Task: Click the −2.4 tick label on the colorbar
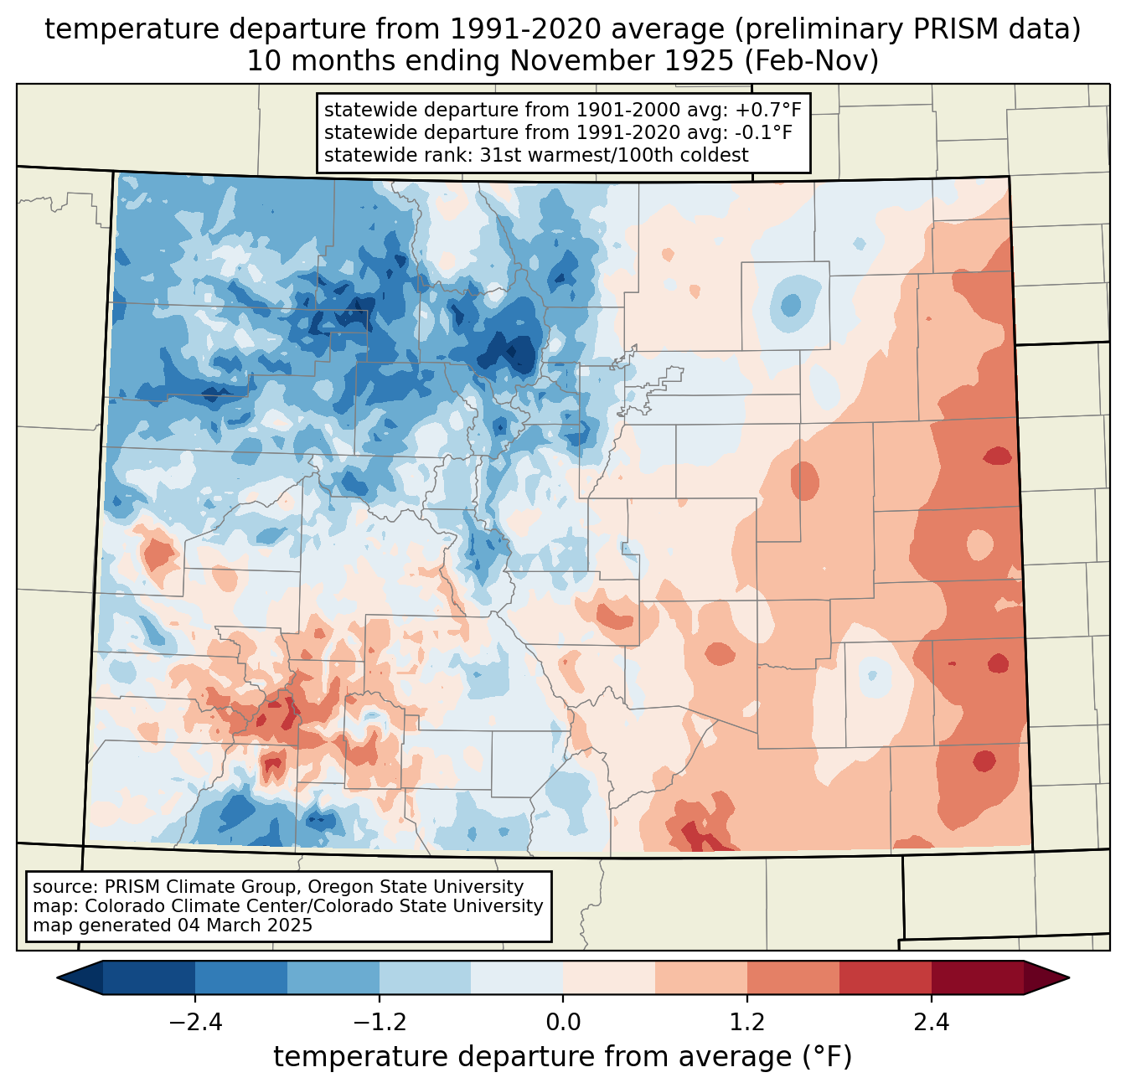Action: [x=194, y=1023]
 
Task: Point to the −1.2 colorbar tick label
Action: [x=379, y=1023]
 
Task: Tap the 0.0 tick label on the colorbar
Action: [x=563, y=1023]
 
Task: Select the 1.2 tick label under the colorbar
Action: [x=747, y=1023]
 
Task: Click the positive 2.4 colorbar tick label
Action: [x=932, y=1023]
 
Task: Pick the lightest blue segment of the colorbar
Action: [x=517, y=977]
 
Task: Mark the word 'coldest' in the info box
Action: [x=717, y=155]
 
